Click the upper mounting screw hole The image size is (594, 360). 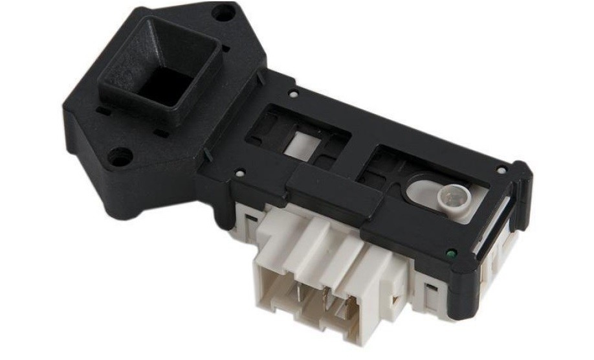[223, 12]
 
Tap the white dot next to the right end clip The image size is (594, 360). [501, 170]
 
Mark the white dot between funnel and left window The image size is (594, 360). [293, 94]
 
